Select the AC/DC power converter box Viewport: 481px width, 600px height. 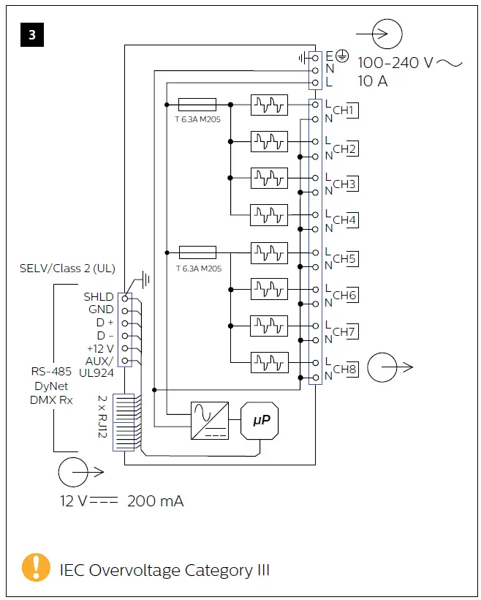pyautogui.click(x=209, y=420)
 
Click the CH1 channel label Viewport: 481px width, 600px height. pyautogui.click(x=344, y=111)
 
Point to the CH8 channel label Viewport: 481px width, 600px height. pyautogui.click(x=344, y=370)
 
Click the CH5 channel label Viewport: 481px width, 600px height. pyautogui.click(x=344, y=258)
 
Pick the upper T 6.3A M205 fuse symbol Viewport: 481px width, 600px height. pyautogui.click(x=197, y=105)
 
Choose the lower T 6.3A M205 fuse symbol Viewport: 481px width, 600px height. pyautogui.click(x=197, y=252)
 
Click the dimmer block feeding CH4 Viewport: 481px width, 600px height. pyautogui.click(x=269, y=215)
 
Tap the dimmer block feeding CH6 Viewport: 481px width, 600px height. pyautogui.click(x=269, y=289)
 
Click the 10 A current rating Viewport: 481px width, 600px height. pyautogui.click(x=373, y=81)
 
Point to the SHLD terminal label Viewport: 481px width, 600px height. pyautogui.click(x=99, y=296)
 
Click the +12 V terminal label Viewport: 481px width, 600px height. pyautogui.click(x=99, y=348)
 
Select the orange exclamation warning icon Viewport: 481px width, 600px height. pyautogui.click(x=36, y=569)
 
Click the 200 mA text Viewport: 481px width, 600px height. pyautogui.click(x=155, y=501)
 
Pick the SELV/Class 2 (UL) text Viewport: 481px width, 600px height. pyautogui.click(x=67, y=269)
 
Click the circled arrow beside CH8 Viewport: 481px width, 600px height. pyautogui.click(x=384, y=367)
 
